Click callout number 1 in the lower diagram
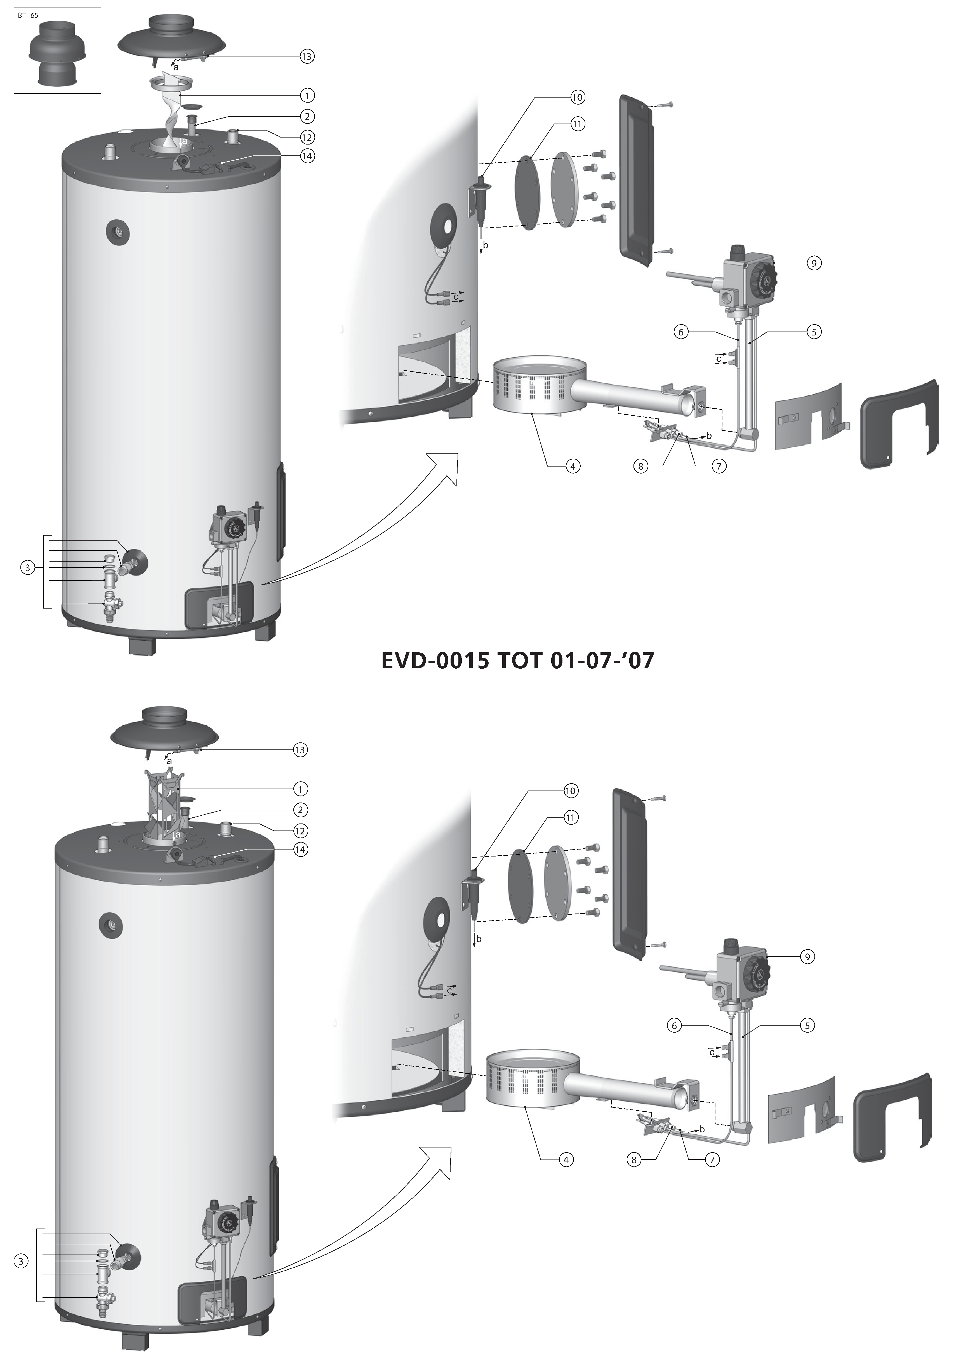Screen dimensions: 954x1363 (x=301, y=789)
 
